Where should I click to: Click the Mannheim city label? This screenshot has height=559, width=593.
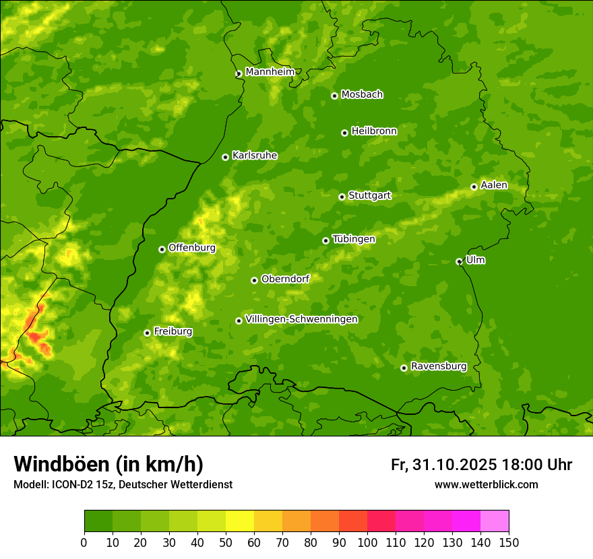coord(270,72)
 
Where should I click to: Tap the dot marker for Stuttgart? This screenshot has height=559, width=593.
coord(342,197)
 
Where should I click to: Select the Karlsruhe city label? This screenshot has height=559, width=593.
coord(255,156)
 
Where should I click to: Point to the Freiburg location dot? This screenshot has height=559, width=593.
coord(147,333)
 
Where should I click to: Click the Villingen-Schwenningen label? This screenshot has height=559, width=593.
coord(302,319)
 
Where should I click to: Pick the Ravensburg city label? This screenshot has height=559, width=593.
coord(439,366)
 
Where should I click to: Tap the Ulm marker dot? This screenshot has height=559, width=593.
coord(459,261)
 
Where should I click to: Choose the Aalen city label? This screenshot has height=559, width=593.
coord(494,185)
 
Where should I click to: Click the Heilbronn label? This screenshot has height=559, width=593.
coord(374,131)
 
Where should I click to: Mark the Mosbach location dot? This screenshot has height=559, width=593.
coord(334,96)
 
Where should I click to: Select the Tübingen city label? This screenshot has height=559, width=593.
coord(354,239)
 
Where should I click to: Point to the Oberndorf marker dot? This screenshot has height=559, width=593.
coord(254,280)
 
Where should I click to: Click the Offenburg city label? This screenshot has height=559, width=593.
coord(192,248)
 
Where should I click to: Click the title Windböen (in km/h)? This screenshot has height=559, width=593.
coord(108,464)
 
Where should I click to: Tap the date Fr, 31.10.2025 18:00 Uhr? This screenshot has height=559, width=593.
coord(481,465)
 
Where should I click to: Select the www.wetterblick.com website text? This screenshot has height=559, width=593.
coord(486,484)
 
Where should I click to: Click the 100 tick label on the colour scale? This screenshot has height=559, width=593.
coord(367,543)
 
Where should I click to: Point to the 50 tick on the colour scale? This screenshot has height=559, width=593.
coord(226,543)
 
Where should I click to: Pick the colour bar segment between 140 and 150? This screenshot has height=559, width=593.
coord(495,521)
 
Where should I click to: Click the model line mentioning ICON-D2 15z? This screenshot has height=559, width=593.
coord(123,484)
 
